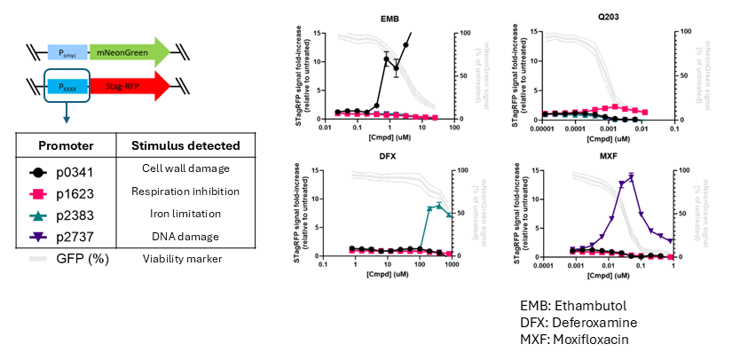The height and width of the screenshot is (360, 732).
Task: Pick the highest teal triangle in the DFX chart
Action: pyautogui.click(x=438, y=205)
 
